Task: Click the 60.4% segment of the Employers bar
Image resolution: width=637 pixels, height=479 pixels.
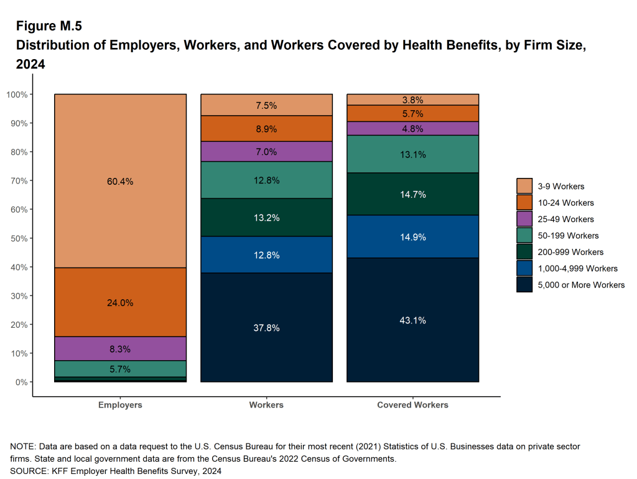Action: pos(120,181)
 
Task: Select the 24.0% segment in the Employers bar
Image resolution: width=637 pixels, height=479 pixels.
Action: pos(120,302)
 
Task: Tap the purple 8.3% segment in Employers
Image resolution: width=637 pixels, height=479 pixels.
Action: pos(120,348)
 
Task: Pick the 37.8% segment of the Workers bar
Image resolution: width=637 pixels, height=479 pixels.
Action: pos(266,328)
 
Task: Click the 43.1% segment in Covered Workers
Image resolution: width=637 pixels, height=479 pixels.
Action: pos(412,320)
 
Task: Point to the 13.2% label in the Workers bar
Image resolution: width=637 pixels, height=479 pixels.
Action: pos(266,218)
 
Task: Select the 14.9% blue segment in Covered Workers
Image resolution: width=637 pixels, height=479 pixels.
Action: pos(412,236)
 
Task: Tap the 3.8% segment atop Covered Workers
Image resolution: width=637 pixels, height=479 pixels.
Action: pos(412,100)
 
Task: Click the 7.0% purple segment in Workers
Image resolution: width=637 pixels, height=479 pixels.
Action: pos(266,151)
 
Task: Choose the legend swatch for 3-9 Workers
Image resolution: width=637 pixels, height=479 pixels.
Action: pos(524,186)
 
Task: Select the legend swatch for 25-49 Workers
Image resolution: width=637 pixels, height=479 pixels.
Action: pos(524,219)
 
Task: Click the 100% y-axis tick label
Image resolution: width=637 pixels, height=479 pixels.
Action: pos(17,95)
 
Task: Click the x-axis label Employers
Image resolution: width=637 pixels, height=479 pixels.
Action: pos(120,405)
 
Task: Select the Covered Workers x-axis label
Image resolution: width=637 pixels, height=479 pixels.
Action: pos(412,405)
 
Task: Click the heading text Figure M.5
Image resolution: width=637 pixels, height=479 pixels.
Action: pos(49,26)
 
